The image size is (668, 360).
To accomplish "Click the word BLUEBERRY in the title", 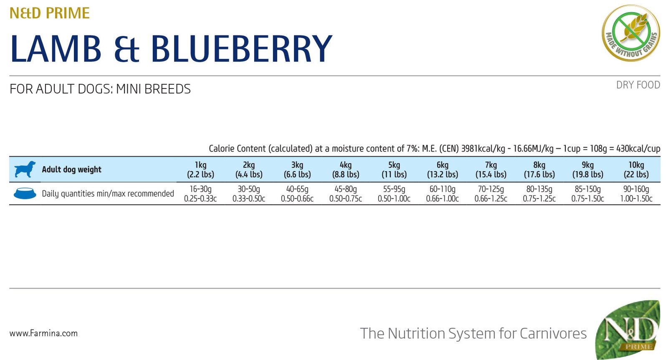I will click(x=241, y=49).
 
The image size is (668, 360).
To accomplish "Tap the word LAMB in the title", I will click(x=56, y=49).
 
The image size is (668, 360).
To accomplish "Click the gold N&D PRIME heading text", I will click(x=50, y=13).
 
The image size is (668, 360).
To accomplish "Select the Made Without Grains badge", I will click(x=631, y=33).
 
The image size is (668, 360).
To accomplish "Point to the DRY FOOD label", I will click(x=638, y=85).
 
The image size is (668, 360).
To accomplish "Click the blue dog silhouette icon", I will click(x=25, y=169).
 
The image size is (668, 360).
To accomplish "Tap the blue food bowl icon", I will click(x=25, y=193).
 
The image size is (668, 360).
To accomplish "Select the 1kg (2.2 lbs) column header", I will click(x=200, y=170).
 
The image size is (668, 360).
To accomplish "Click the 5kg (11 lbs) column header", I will click(x=394, y=170).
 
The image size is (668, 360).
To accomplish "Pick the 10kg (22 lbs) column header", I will click(x=636, y=170).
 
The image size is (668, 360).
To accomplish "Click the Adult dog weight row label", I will click(x=71, y=170).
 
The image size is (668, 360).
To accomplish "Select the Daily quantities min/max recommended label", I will click(x=108, y=194).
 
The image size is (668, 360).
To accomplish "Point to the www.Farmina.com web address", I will click(x=43, y=333).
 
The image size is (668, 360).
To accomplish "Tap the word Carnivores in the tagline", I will click(x=553, y=333).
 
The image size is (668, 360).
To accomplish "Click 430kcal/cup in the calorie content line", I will click(x=638, y=149).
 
